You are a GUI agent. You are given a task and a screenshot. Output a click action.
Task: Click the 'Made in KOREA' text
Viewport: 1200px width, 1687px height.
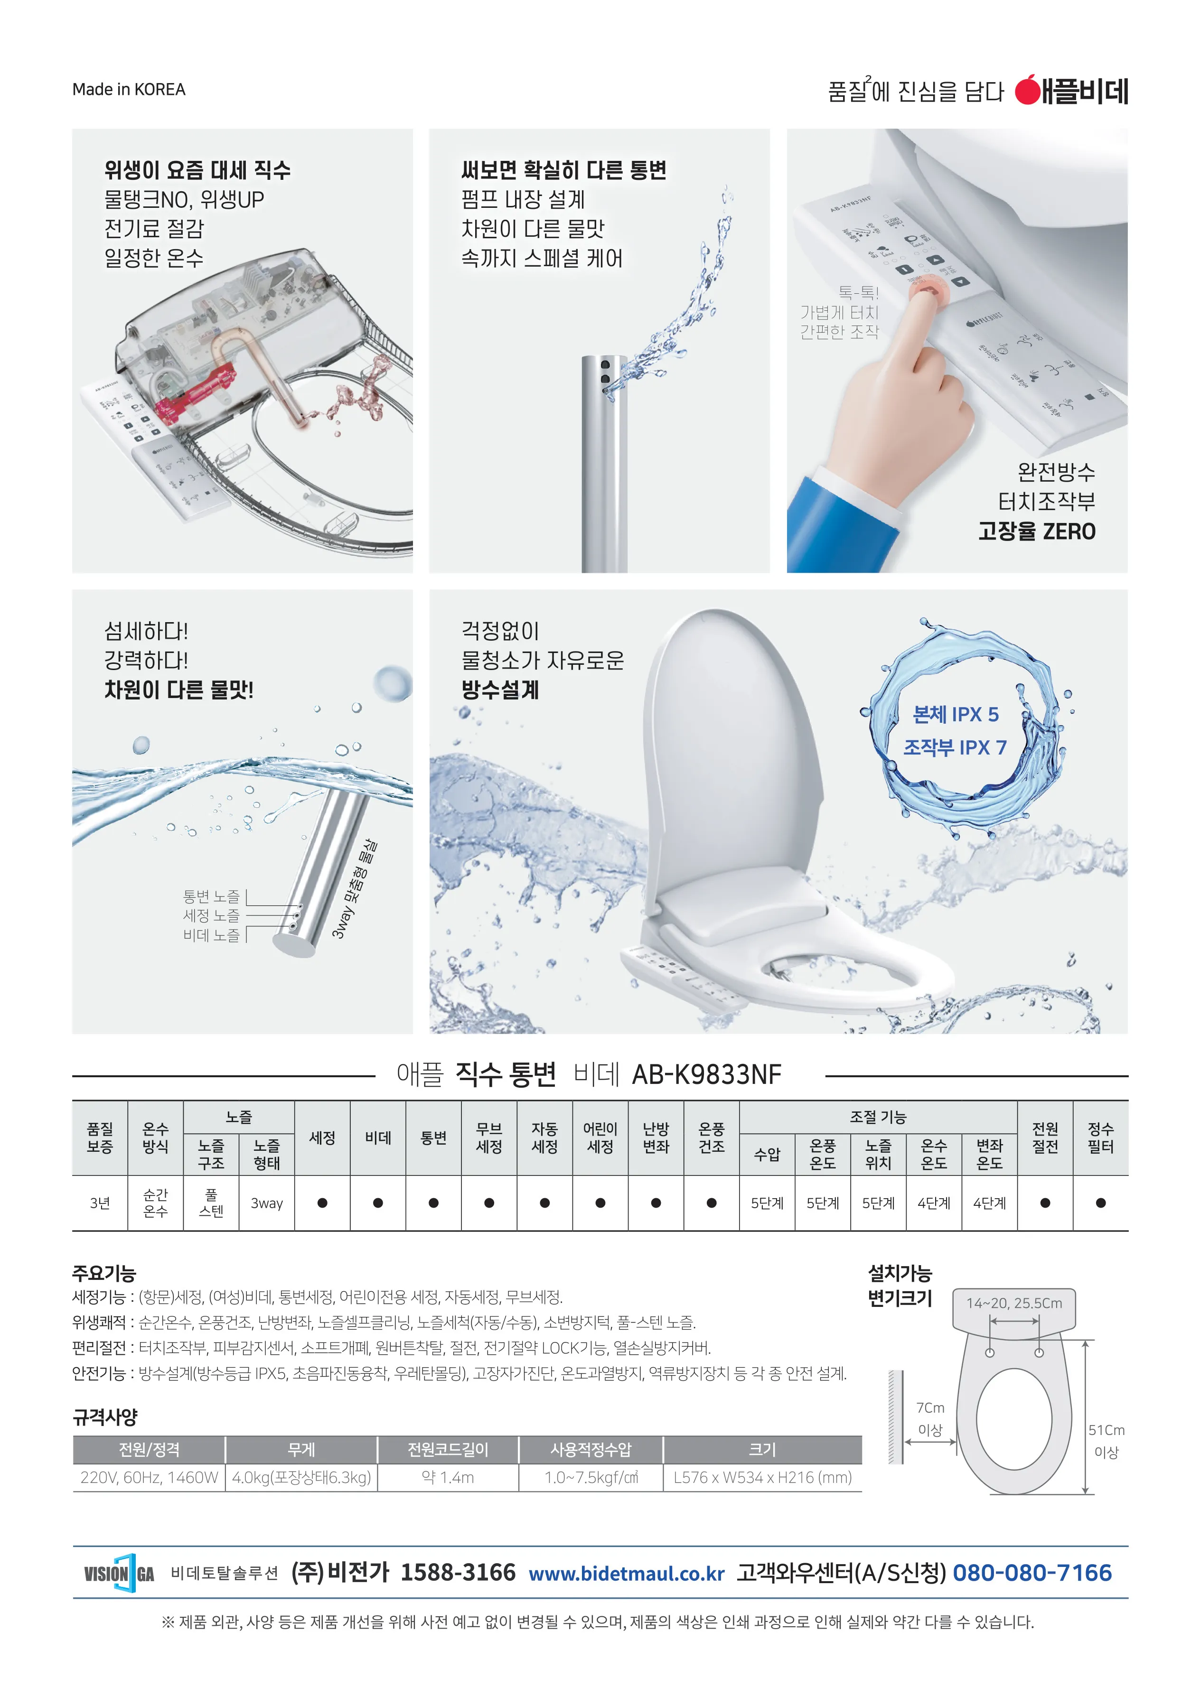(x=129, y=89)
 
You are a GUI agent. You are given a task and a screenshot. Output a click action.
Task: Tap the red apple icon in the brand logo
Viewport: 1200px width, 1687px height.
(x=1027, y=90)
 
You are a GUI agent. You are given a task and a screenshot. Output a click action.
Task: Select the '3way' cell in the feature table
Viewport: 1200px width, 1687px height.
(x=267, y=1203)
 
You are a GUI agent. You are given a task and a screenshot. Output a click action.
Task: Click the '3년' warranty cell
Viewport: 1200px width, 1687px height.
(x=100, y=1203)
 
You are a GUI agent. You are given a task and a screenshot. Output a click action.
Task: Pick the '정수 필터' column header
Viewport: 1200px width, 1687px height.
(x=1100, y=1137)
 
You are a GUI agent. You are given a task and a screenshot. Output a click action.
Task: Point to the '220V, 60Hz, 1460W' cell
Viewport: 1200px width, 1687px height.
(x=149, y=1477)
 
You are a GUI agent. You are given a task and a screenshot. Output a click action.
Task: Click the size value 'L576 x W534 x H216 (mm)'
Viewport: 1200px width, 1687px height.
(x=762, y=1477)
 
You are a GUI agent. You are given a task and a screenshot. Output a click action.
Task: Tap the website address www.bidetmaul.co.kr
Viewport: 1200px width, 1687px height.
(x=627, y=1573)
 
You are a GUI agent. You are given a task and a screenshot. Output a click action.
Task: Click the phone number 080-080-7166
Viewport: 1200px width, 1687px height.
(x=1031, y=1573)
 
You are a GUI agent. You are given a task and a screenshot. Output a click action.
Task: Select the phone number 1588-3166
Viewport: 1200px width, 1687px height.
(x=458, y=1573)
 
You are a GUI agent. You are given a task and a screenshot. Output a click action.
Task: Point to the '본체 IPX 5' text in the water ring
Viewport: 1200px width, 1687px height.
(x=956, y=714)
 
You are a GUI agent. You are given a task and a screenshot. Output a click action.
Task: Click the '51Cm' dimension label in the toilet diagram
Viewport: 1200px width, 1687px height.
(x=1106, y=1430)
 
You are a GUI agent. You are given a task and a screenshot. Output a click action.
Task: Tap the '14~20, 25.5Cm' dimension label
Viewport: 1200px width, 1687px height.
(x=1014, y=1303)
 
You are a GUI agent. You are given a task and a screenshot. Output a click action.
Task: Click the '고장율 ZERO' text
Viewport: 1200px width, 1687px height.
(x=1037, y=531)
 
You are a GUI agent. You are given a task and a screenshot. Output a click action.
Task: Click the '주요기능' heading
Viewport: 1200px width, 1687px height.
(x=104, y=1273)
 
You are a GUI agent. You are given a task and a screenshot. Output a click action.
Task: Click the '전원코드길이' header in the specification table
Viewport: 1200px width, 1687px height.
(x=448, y=1449)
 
